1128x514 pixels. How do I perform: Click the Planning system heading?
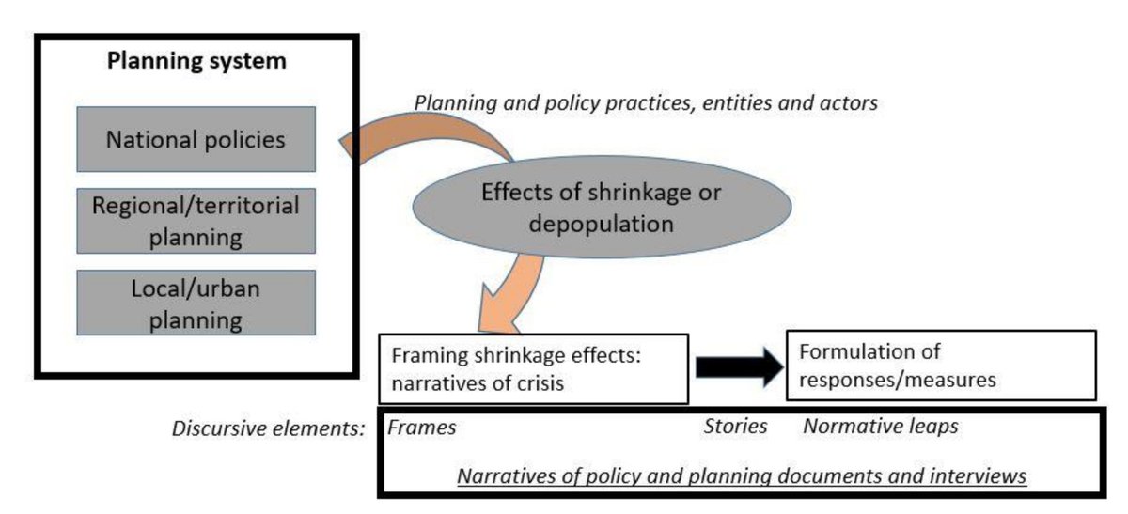[x=196, y=63]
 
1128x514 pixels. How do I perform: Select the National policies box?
[x=196, y=139]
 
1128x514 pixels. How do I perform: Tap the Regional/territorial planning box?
[x=196, y=221]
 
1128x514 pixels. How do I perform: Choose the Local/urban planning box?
[x=196, y=303]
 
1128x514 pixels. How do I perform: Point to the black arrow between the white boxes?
[x=738, y=367]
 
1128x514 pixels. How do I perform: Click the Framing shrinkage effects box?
[x=533, y=367]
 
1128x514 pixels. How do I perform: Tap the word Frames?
[x=422, y=428]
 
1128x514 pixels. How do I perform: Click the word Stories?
[x=735, y=427]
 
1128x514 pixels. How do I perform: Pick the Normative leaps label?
[x=881, y=427]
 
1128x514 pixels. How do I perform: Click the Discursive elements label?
[x=268, y=428]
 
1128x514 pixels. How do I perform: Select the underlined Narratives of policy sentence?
[x=742, y=476]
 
